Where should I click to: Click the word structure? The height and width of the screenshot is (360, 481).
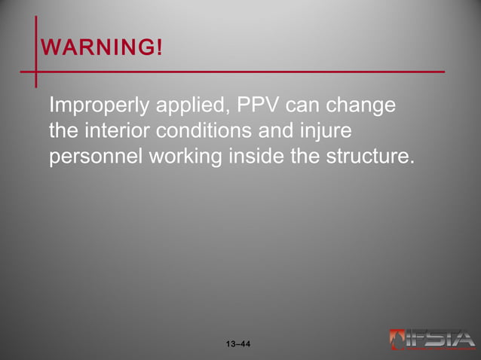[x=371, y=157]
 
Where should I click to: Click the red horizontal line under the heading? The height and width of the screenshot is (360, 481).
[x=241, y=72]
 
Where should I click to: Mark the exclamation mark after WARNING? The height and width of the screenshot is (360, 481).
[x=158, y=48]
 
